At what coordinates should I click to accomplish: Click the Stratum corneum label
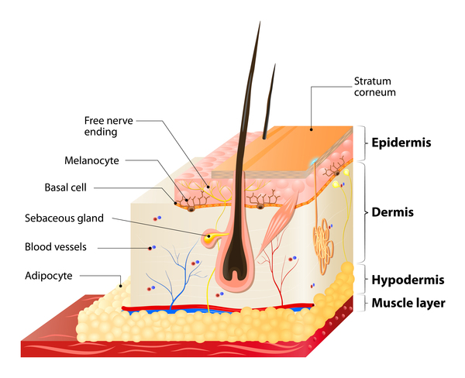[374, 87]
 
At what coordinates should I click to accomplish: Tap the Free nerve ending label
[108, 126]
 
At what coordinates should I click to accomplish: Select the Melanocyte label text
[91, 160]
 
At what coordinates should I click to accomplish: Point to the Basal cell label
[66, 187]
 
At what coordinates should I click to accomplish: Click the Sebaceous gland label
[64, 218]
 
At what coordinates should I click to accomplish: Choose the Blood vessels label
[56, 246]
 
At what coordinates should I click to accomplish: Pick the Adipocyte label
[49, 276]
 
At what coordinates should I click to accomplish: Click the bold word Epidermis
[401, 143]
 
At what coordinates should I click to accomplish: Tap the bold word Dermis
[393, 212]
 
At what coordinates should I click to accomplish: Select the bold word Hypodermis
[408, 280]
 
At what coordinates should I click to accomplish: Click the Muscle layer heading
[408, 303]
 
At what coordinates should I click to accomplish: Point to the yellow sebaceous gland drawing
[211, 238]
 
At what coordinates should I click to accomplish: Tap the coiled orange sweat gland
[323, 246]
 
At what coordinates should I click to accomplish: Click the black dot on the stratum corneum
[311, 129]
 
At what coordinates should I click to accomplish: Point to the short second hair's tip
[275, 64]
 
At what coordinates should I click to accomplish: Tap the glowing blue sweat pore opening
[313, 162]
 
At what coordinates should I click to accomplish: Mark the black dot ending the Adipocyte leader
[120, 286]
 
